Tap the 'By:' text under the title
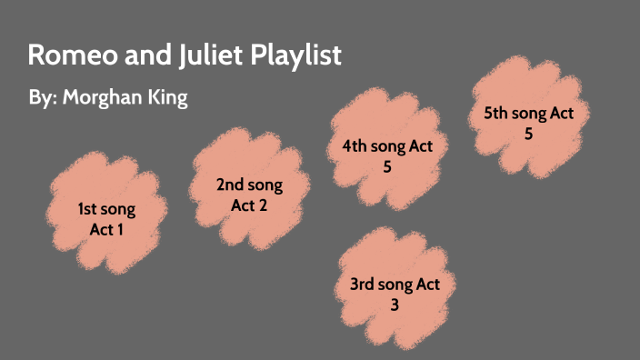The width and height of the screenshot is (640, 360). [42, 98]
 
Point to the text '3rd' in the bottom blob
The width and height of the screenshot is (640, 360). [364, 285]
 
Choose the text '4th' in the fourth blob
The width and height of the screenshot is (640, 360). [355, 146]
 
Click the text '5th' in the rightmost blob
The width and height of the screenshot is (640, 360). [497, 114]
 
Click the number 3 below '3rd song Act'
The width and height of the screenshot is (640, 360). [395, 305]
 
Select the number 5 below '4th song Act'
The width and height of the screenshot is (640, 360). [386, 166]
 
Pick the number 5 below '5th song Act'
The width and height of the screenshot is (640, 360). [527, 134]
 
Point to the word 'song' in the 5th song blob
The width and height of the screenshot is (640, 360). [531, 114]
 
